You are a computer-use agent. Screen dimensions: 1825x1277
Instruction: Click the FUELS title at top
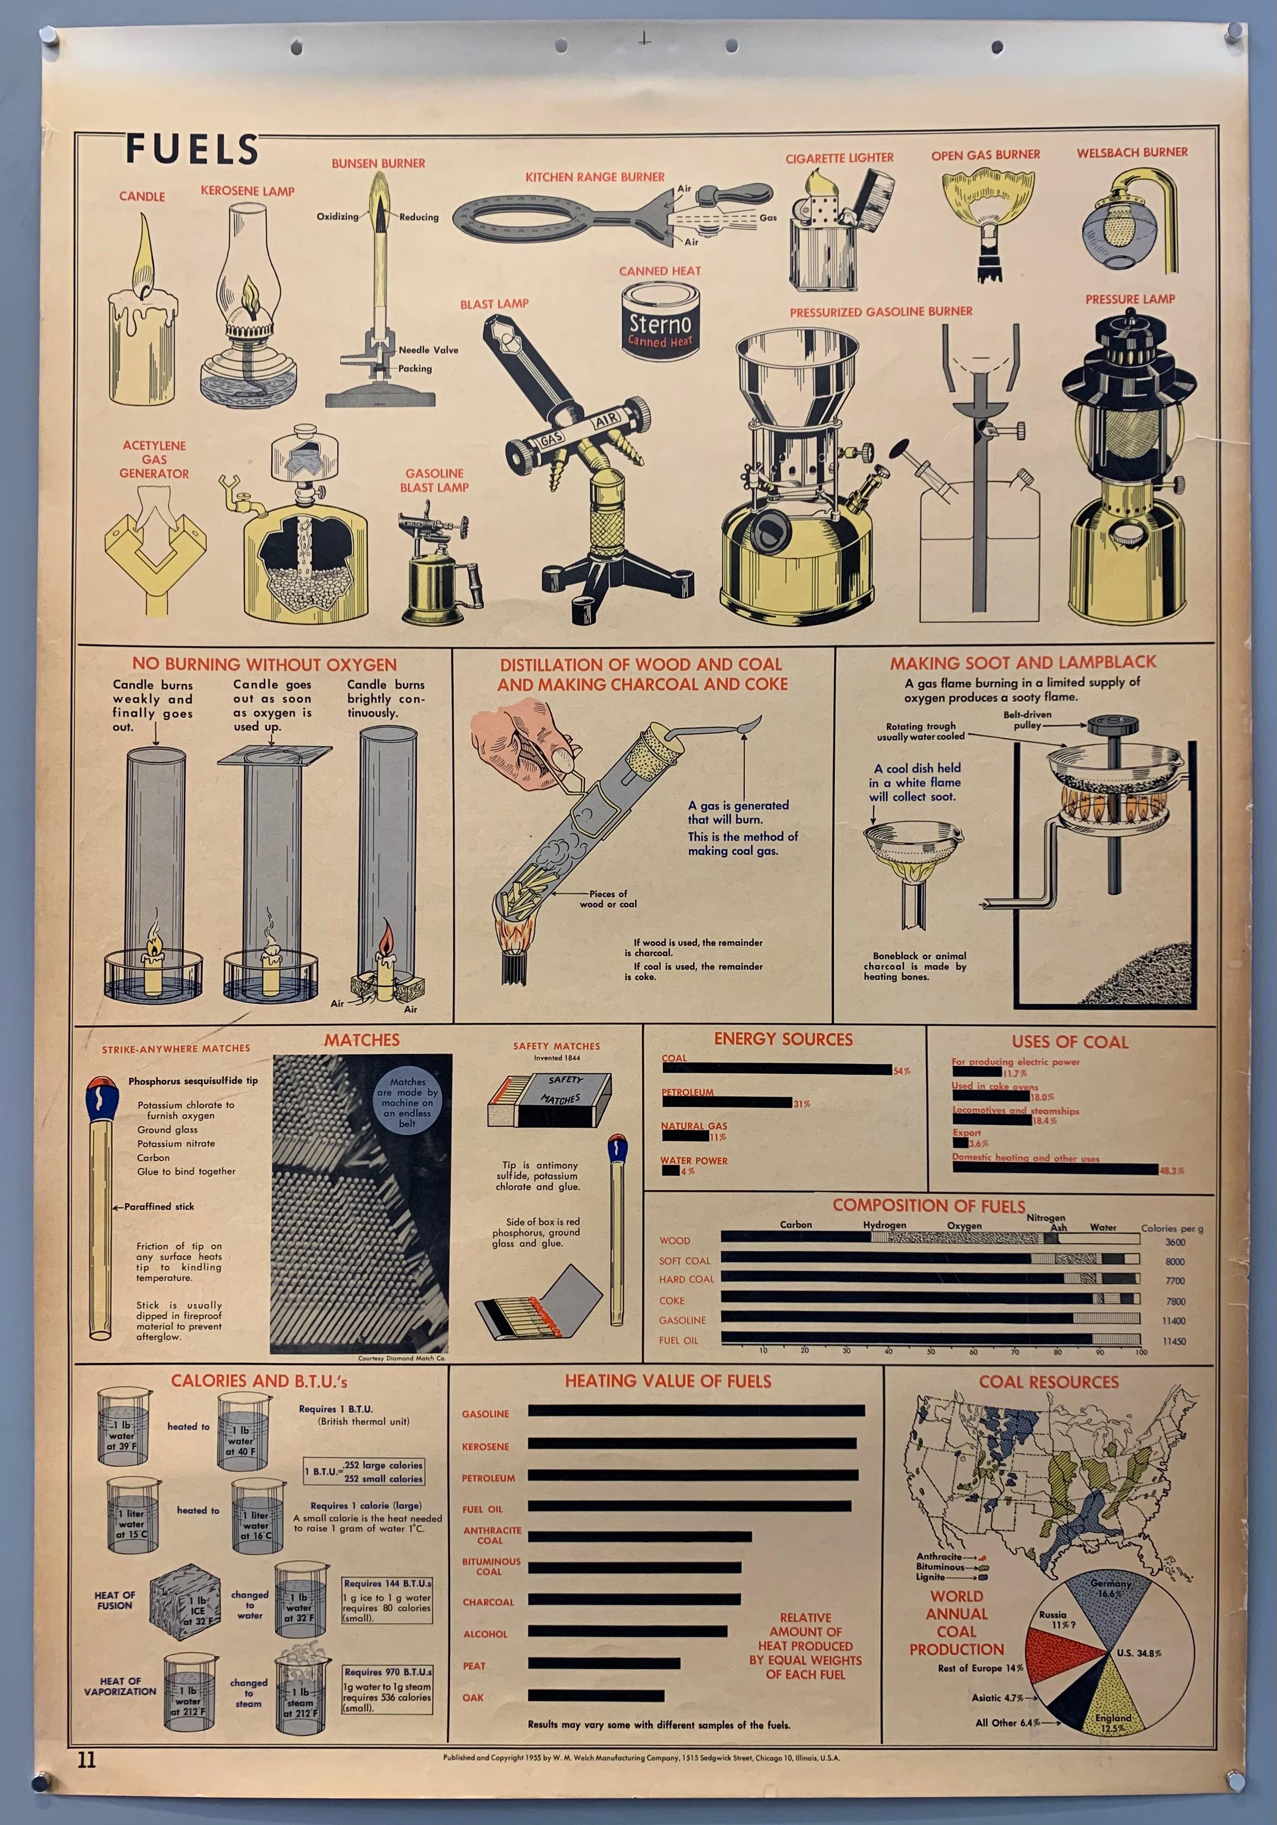[193, 149]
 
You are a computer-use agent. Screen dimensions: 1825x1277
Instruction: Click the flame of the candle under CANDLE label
[144, 254]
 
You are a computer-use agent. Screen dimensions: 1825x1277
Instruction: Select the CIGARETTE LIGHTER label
[839, 158]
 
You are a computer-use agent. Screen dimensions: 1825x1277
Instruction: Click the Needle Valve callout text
[428, 350]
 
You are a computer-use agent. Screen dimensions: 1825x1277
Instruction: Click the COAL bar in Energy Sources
[776, 1070]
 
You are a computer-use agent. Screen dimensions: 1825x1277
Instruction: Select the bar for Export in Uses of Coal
[960, 1143]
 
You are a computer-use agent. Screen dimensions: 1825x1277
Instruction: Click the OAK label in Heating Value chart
[473, 1697]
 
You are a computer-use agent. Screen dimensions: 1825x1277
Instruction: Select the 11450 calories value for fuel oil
[1174, 1341]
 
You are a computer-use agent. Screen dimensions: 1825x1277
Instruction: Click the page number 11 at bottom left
[87, 1760]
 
